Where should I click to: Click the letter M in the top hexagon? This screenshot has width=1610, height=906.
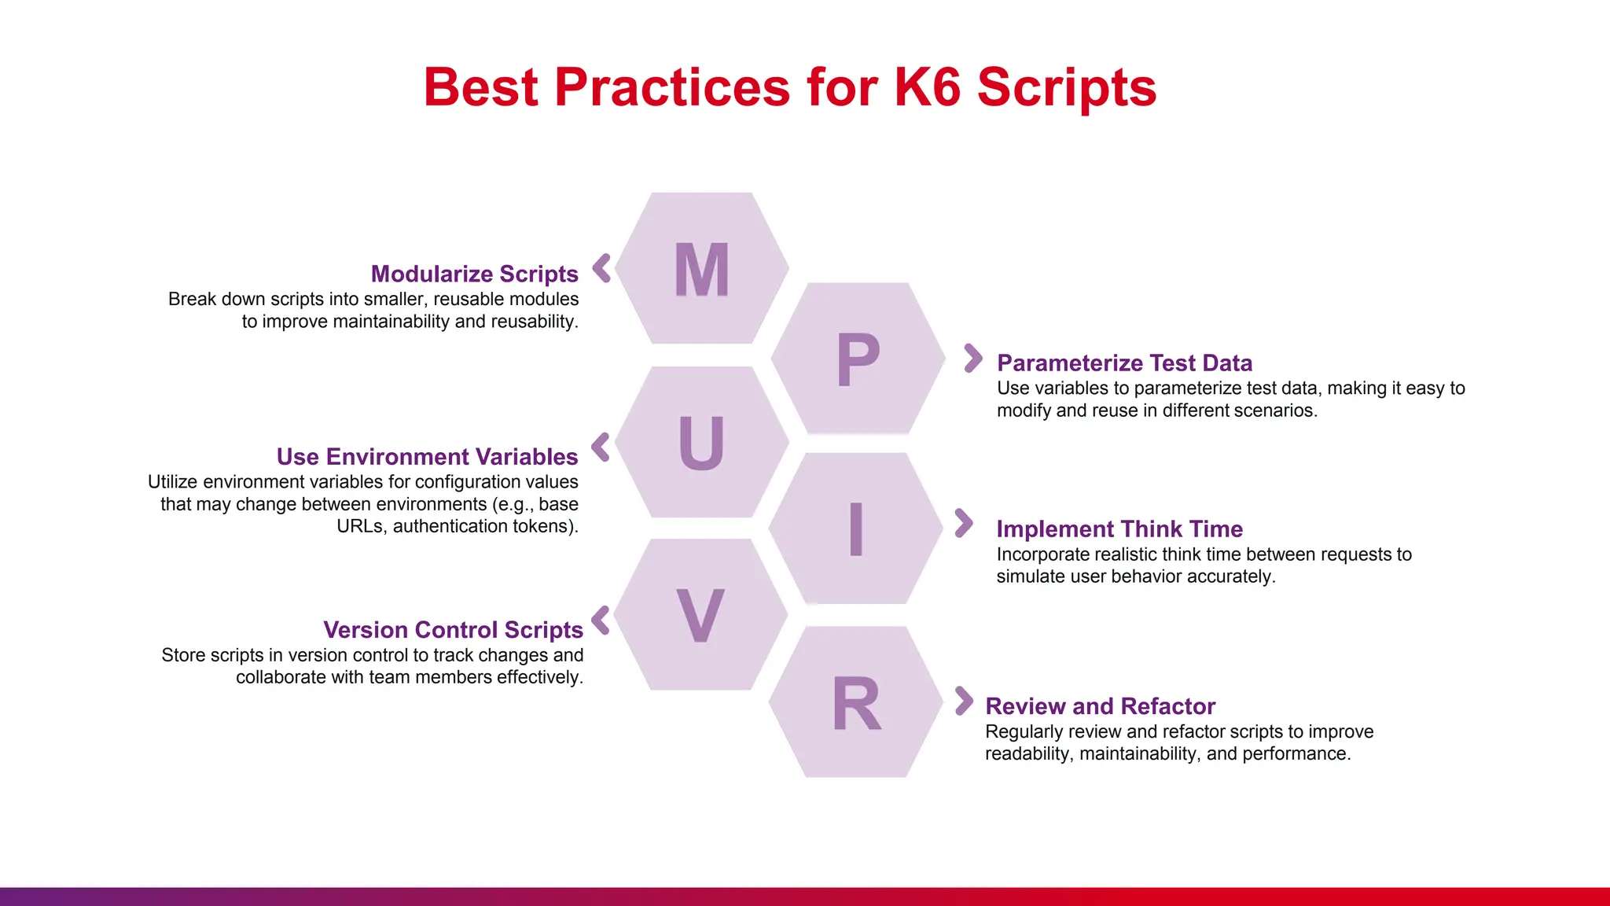coord(702,270)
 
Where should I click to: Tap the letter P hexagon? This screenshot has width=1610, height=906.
coord(858,359)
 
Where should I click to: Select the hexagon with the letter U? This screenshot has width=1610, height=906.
coord(701,443)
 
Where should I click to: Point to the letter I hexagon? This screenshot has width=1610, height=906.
coord(856,529)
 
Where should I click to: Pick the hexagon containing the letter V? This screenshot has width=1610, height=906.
coord(700,616)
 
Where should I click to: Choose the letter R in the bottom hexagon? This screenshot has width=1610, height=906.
coord(856,704)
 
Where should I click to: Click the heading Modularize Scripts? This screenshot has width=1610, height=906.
coord(474,274)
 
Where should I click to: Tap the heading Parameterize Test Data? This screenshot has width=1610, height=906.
coord(1124,363)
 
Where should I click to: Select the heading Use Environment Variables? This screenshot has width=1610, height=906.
coord(427,456)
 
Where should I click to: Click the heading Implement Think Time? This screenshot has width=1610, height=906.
coord(1119,528)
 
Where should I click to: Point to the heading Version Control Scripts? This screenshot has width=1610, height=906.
coord(453,629)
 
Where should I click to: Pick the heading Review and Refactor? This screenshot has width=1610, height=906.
coord(1100,705)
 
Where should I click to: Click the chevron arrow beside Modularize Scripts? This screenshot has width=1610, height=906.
coord(601,268)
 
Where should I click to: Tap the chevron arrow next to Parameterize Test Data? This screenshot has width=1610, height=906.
coord(973,358)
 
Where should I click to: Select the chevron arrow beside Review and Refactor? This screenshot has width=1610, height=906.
coord(964,701)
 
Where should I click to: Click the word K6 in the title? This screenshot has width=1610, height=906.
coord(928,87)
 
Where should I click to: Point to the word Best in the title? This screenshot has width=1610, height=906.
coord(481,87)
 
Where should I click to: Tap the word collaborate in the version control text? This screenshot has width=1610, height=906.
coord(281,677)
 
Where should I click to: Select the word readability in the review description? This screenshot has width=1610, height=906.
coord(1027,753)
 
